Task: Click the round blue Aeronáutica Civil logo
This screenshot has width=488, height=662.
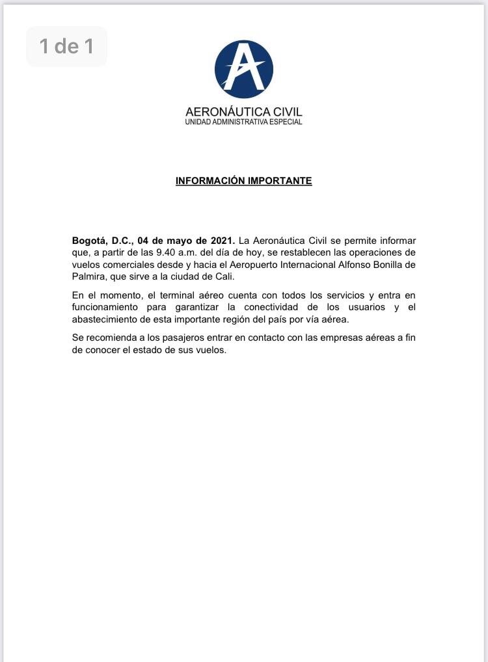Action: tap(244, 69)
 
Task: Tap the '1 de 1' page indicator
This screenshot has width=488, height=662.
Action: tap(66, 46)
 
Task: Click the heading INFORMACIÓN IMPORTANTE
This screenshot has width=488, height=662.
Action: tap(244, 181)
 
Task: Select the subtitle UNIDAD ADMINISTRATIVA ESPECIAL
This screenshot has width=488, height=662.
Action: tap(244, 122)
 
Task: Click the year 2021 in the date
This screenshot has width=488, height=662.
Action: tap(222, 241)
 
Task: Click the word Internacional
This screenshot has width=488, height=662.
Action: tap(282, 265)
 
